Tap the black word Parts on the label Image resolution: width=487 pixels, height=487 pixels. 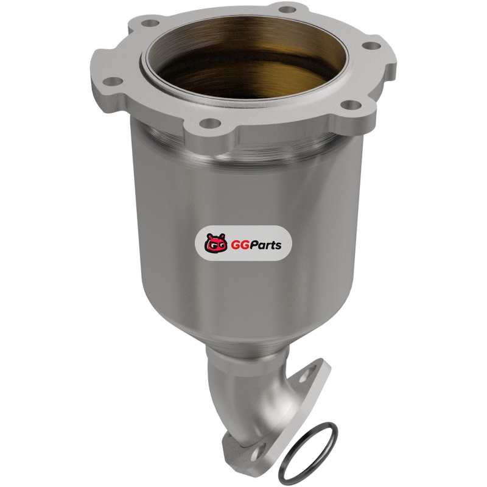point(266,245)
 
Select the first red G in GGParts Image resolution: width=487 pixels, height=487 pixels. point(235,245)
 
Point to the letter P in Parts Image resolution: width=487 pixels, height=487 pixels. point(255,245)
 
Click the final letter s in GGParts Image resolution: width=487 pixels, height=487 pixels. point(279,247)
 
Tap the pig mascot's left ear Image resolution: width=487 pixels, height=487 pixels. point(209,236)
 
